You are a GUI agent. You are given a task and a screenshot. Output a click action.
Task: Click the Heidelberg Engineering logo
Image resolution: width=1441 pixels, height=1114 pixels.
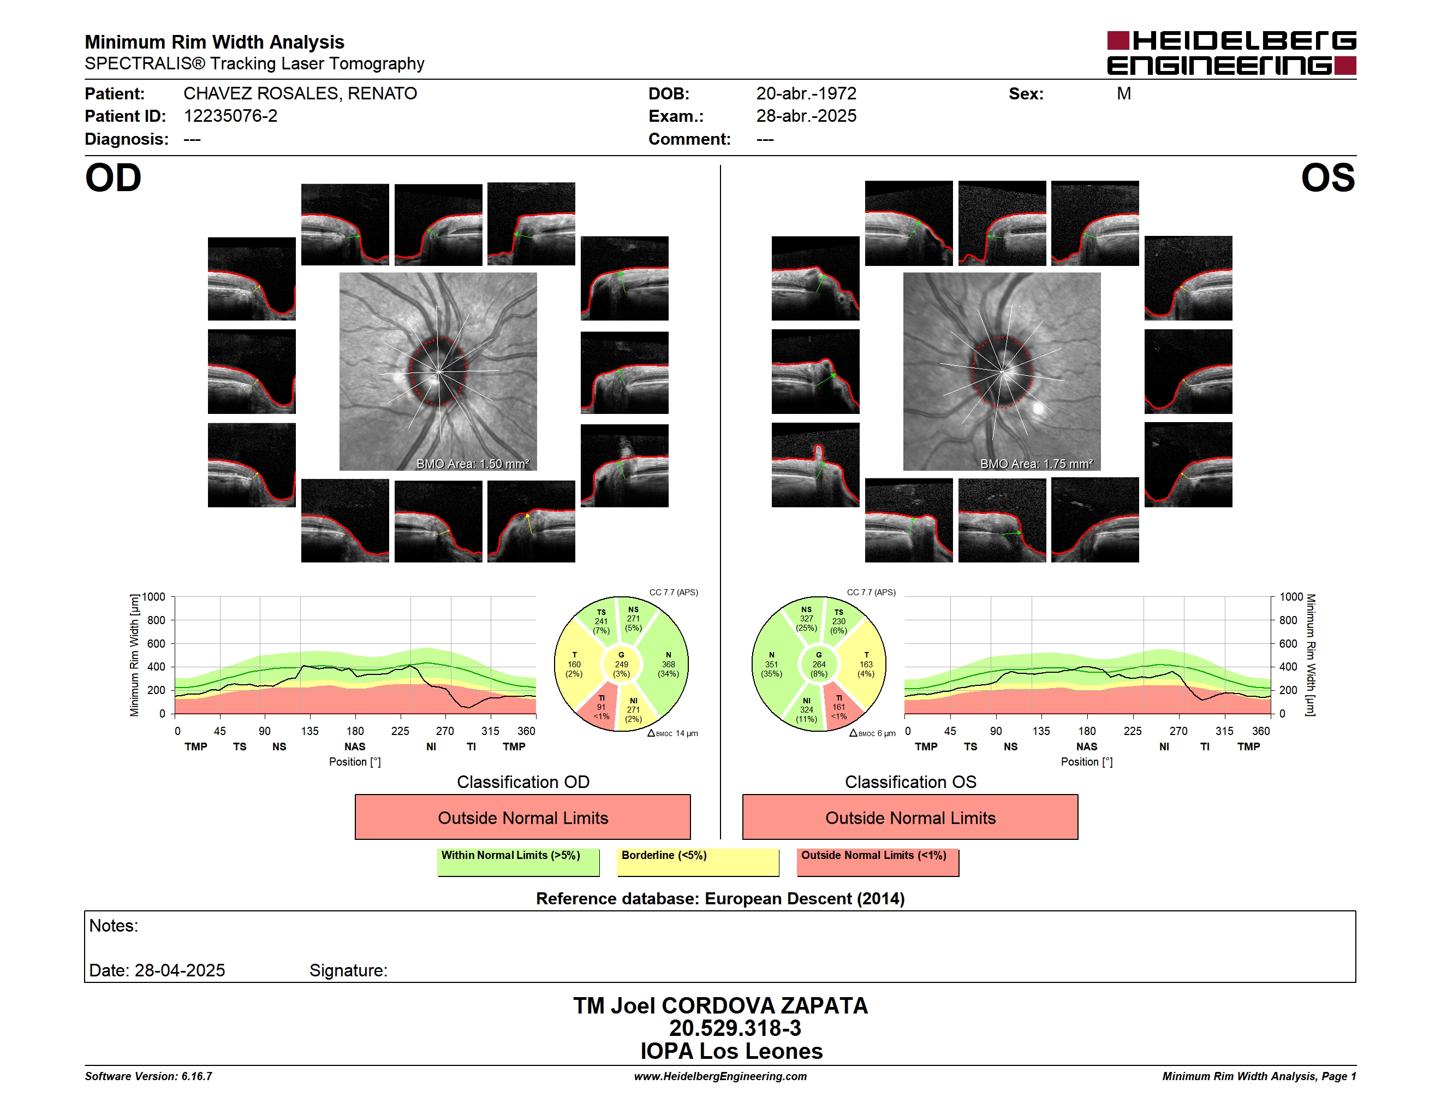coord(1231,53)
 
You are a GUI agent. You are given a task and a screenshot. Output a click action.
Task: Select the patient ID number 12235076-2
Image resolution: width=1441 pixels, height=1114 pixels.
coord(230,116)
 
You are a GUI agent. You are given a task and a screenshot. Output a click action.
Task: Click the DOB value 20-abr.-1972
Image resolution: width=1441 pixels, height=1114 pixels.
coord(806,94)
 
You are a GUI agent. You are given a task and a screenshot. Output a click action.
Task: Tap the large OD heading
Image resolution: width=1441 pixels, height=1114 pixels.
coord(113,178)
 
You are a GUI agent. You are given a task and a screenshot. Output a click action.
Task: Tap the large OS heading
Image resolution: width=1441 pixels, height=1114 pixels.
coord(1327,178)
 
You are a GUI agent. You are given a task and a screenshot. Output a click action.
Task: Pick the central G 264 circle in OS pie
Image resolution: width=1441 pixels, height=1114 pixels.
coord(819,665)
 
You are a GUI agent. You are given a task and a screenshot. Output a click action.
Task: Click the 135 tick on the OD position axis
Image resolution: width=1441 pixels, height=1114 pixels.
coord(309,731)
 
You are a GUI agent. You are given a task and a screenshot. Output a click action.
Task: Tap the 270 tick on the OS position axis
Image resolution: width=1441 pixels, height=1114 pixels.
coord(1178,731)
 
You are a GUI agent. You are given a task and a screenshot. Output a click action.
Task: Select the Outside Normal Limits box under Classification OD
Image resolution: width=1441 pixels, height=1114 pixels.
coord(522,817)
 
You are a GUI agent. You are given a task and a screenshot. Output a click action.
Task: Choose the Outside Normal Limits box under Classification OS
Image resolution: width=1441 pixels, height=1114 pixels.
coord(910,817)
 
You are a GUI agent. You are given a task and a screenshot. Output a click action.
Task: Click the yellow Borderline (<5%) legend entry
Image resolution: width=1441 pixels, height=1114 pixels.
coord(698,862)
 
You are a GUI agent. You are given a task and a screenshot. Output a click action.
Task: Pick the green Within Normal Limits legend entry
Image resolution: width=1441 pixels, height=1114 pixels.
coord(518,862)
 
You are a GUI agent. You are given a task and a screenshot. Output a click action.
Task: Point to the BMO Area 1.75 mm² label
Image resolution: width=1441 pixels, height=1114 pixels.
coord(1036,464)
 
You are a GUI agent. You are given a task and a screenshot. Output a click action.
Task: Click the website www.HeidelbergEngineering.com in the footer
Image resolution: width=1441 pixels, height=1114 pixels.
coord(720,1076)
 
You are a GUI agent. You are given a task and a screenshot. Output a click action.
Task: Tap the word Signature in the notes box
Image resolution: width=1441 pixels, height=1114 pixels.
coord(348,971)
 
